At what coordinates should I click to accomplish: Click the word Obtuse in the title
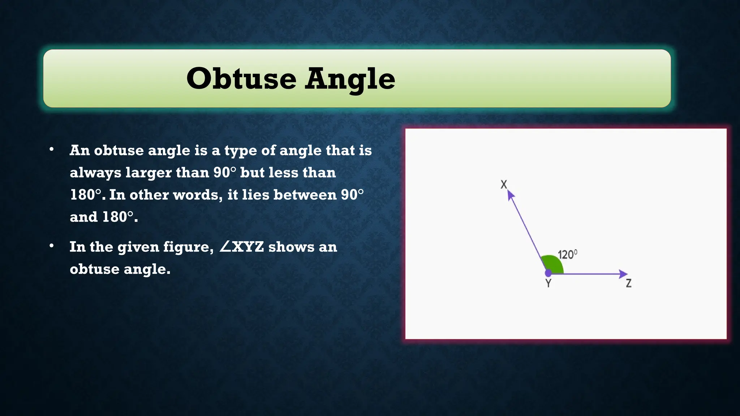coord(241,79)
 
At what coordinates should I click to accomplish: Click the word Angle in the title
coord(350,79)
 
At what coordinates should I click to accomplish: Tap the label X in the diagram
coord(504,185)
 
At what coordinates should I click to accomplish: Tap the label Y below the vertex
coord(548,283)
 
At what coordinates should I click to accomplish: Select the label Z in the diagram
coord(629,283)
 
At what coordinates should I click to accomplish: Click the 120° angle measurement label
coord(567,255)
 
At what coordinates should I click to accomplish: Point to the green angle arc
coord(553,264)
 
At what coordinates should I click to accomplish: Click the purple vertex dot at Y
coord(548,273)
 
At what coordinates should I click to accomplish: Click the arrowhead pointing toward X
coord(511,195)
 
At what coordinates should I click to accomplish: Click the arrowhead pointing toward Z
coord(623,274)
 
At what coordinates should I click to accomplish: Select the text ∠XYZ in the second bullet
coord(241,247)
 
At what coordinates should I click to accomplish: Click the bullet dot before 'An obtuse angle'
coord(52,149)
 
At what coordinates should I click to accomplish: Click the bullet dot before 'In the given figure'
coord(52,246)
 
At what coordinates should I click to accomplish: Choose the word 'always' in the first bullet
coord(95,173)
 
